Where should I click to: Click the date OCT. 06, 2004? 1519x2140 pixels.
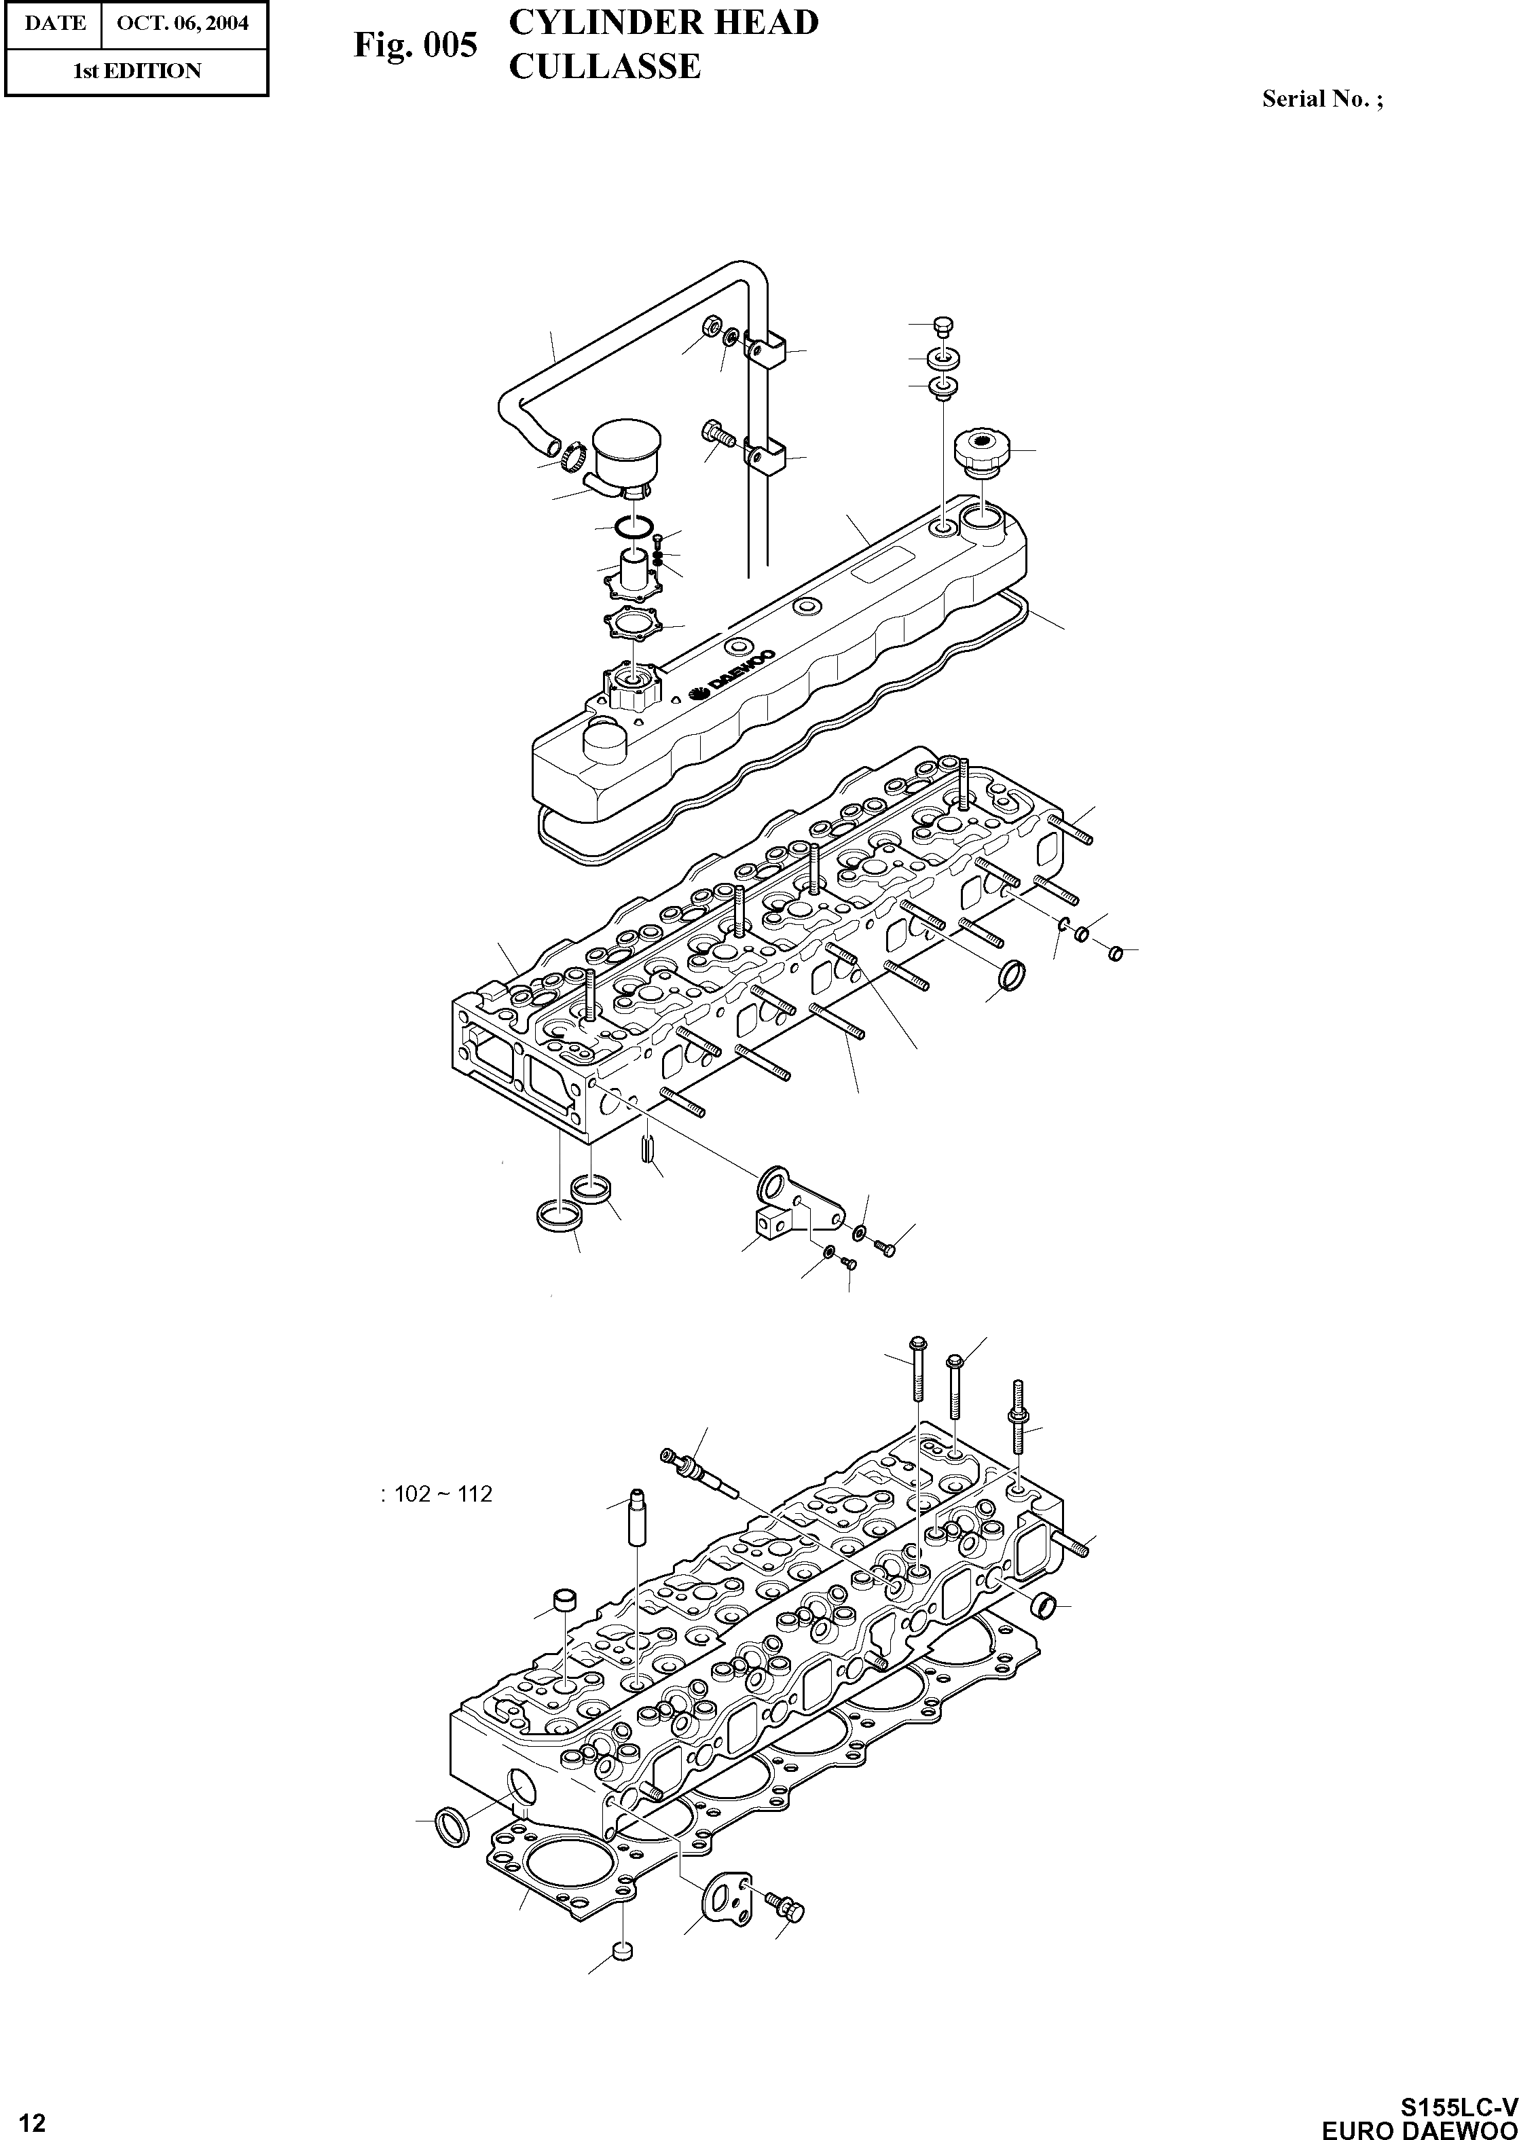pos(183,22)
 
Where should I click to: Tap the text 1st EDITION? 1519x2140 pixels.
pos(136,71)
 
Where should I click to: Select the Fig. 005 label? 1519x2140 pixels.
pos(416,44)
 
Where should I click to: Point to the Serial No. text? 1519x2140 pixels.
pos(1321,98)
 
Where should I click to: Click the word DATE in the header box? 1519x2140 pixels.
pos(54,22)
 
